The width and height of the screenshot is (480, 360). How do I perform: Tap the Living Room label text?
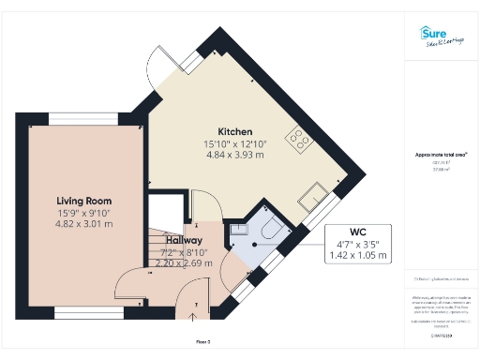click(84, 201)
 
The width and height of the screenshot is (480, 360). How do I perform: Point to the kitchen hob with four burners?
click(301, 140)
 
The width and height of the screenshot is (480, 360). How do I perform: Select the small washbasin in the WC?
click(237, 229)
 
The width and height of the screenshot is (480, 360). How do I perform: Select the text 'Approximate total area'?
click(441, 154)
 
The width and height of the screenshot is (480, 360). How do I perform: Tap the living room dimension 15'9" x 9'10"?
click(84, 213)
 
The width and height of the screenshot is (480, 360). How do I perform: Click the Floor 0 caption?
click(202, 341)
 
